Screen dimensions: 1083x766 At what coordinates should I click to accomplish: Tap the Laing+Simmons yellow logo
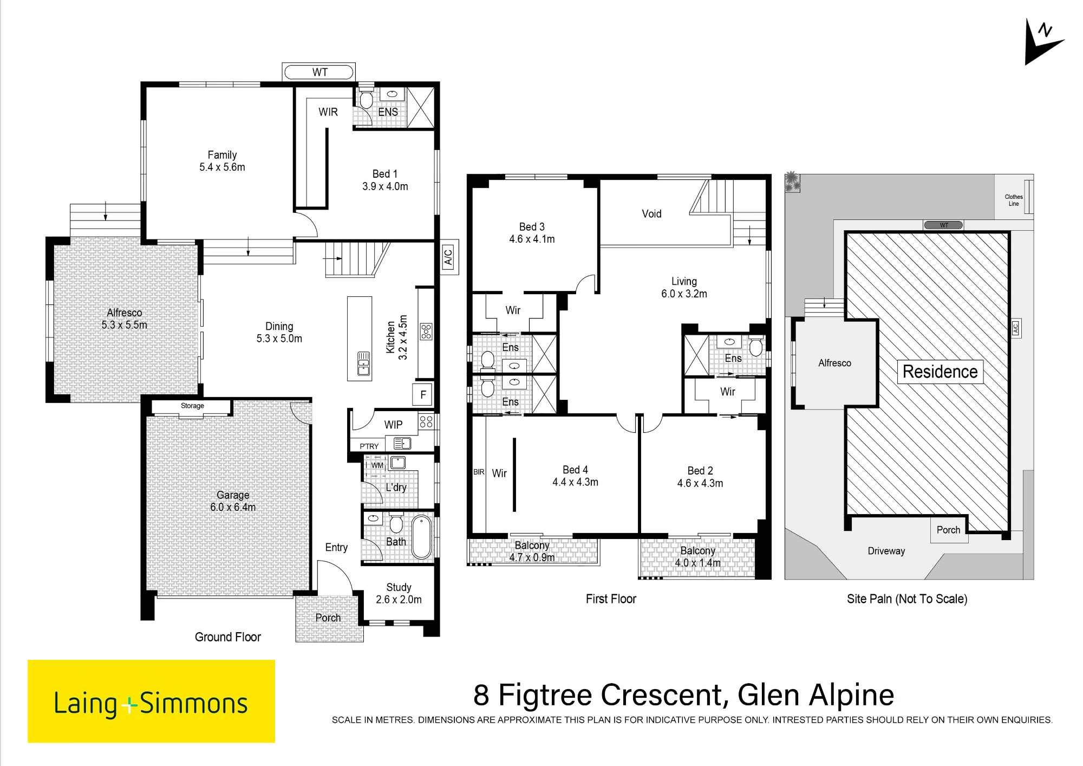pos(151,701)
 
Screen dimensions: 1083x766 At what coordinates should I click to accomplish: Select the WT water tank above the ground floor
pos(319,72)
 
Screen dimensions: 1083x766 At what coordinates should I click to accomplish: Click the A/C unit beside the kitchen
pos(448,256)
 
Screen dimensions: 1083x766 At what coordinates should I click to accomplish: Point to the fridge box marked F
pos(423,395)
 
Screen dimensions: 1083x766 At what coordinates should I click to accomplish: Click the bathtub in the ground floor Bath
pos(422,537)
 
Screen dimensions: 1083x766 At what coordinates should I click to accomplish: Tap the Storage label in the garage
pos(192,406)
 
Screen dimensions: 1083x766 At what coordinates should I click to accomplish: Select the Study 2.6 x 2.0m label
pos(399,593)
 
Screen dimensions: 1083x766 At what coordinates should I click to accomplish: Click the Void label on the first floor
pos(651,214)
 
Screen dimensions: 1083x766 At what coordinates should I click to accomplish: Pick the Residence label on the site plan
pos(940,372)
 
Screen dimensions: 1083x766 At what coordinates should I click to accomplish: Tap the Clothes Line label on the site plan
pos(1014,200)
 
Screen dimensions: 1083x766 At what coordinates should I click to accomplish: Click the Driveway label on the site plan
pos(886,551)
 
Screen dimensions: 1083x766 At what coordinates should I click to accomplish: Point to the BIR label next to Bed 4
pos(479,472)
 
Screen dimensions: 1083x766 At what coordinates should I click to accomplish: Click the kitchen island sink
pos(363,363)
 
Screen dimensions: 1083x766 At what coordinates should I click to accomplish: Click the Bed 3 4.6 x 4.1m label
pos(532,233)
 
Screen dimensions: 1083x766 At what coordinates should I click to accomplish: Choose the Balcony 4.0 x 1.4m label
pos(697,557)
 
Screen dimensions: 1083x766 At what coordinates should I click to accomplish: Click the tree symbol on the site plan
pos(792,181)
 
